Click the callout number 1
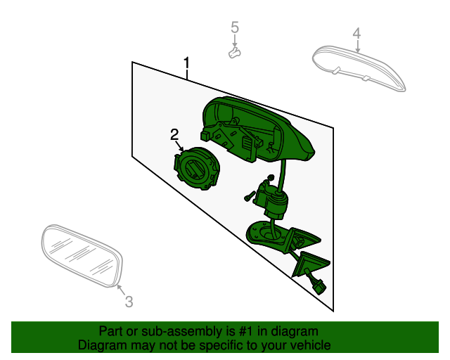pyautogui.click(x=186, y=63)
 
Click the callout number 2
pyautogui.click(x=174, y=134)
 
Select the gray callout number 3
pyautogui.click(x=129, y=302)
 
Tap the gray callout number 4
pyautogui.click(x=356, y=33)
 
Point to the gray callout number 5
pyautogui.click(x=235, y=27)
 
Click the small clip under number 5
pyautogui.click(x=234, y=53)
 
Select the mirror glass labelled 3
pyautogui.click(x=82, y=255)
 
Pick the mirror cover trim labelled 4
pyautogui.click(x=359, y=68)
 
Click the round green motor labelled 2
pyautogui.click(x=197, y=168)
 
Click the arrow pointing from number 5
pyautogui.click(x=235, y=40)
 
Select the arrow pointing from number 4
pyautogui.click(x=358, y=46)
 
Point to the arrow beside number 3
pyautogui.click(x=122, y=290)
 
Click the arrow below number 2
pyautogui.click(x=180, y=146)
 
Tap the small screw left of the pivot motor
pyautogui.click(x=250, y=196)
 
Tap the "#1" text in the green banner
pyautogui.click(x=246, y=331)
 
